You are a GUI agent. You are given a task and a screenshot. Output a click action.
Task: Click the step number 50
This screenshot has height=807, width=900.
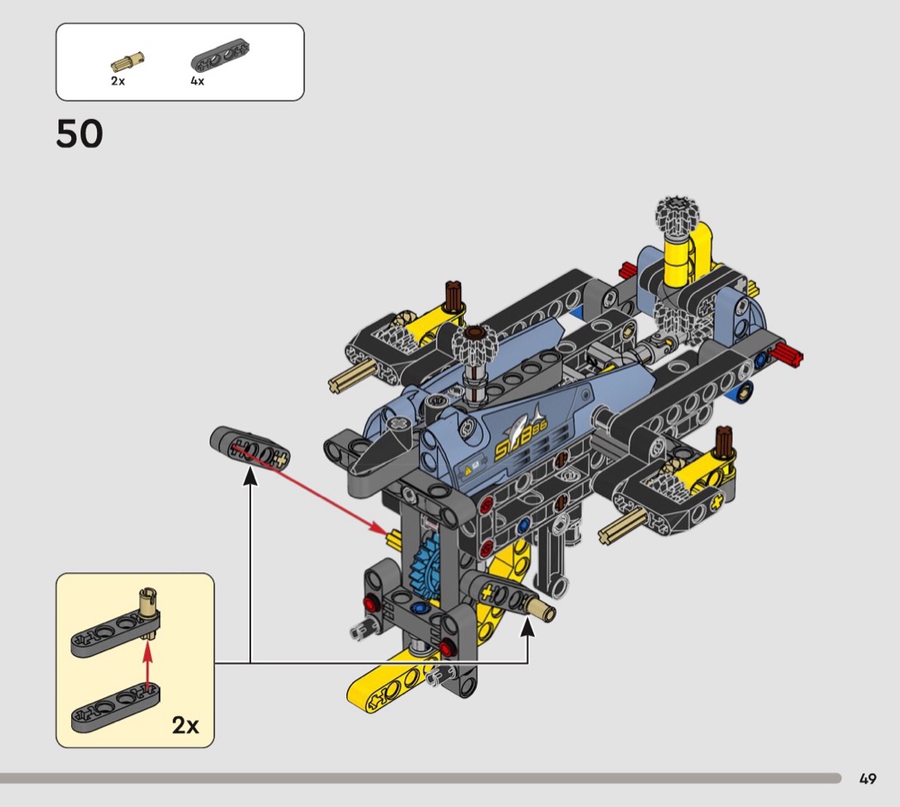point(79,134)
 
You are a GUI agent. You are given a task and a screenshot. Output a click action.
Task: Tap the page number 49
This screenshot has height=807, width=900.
point(867,779)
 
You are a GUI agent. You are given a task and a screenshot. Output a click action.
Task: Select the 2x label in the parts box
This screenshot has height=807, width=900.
point(117,81)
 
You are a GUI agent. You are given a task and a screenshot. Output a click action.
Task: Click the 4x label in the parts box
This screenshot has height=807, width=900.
point(197,81)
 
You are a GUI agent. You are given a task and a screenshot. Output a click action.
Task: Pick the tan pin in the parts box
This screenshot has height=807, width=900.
point(128,61)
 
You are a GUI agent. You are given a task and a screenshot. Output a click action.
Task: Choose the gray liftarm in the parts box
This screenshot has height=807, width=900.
point(219,56)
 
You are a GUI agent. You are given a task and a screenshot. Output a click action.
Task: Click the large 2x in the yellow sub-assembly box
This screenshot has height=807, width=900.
point(185,725)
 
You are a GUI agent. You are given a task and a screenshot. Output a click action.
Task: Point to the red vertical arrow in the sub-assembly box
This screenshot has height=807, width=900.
point(148,666)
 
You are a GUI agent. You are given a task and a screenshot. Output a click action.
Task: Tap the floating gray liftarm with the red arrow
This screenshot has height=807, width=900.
point(249,448)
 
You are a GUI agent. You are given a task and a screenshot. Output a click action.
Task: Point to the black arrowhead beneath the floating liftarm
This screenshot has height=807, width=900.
point(249,477)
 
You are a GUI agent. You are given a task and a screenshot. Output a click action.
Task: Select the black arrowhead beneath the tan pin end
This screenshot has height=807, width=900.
point(527,627)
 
